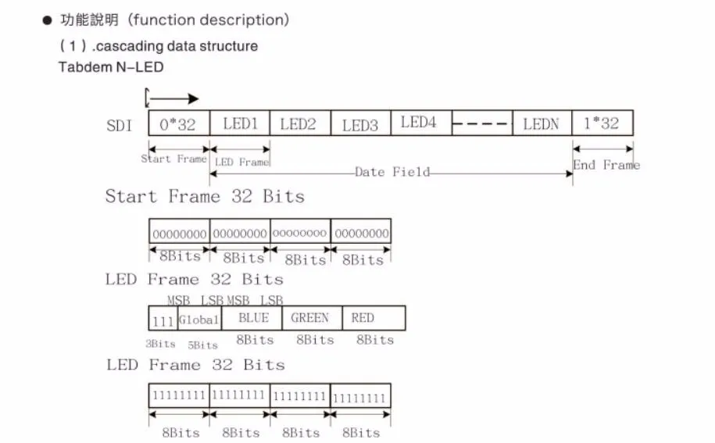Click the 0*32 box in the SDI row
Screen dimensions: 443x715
pyautogui.click(x=179, y=123)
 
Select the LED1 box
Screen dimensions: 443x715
pyautogui.click(x=240, y=123)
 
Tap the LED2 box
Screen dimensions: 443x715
pyautogui.click(x=299, y=123)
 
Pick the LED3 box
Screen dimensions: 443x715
pyautogui.click(x=359, y=123)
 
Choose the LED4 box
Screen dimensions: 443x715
pyautogui.click(x=420, y=123)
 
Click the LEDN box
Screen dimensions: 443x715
pyautogui.click(x=542, y=123)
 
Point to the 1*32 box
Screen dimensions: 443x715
pyautogui.click(x=602, y=123)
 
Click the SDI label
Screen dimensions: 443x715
pyautogui.click(x=120, y=125)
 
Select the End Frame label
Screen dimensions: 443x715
pyautogui.click(x=606, y=165)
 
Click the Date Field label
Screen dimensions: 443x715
pyautogui.click(x=391, y=172)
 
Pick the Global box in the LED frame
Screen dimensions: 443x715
pyautogui.click(x=199, y=319)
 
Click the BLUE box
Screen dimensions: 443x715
pyautogui.click(x=252, y=318)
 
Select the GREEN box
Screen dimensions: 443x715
pyautogui.click(x=310, y=318)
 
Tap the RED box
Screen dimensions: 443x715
pyautogui.click(x=374, y=318)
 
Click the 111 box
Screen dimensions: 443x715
pyautogui.click(x=163, y=319)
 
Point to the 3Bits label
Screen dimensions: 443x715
pyautogui.click(x=162, y=344)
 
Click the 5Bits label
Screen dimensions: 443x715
pyautogui.click(x=202, y=345)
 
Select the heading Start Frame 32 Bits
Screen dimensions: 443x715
pyautogui.click(x=205, y=196)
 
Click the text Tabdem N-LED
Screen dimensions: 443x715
pyautogui.click(x=111, y=67)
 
